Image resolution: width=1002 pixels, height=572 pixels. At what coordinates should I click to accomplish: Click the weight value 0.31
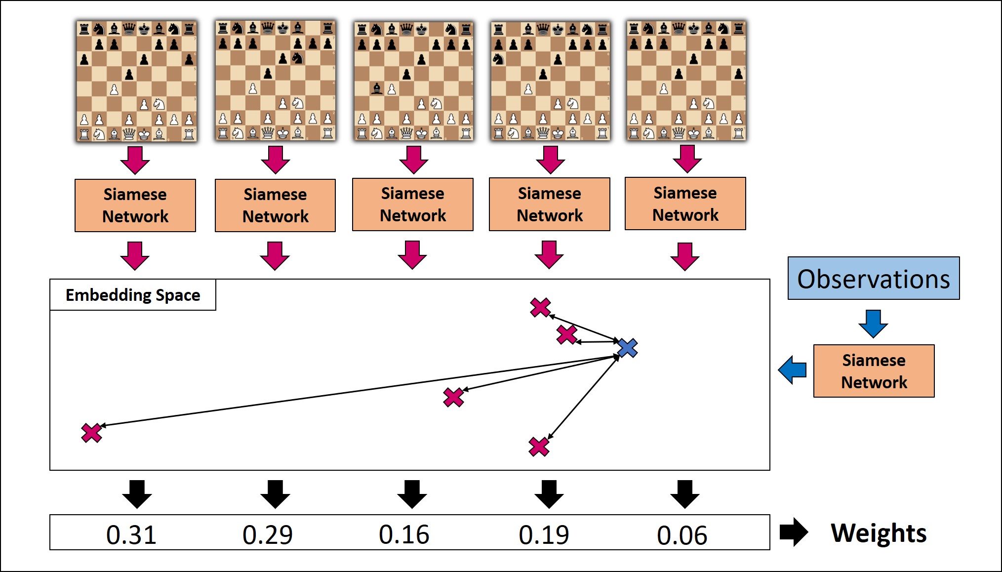(131, 534)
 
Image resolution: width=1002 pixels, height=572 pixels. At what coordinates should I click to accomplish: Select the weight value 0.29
(268, 534)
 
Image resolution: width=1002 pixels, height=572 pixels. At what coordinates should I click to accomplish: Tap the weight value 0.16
(404, 534)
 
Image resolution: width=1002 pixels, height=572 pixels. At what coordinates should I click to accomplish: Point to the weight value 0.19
(544, 534)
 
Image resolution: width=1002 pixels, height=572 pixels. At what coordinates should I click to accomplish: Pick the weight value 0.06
(682, 535)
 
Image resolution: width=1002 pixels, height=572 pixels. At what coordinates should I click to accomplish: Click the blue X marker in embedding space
(627, 348)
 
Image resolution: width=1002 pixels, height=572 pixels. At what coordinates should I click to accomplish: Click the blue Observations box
(873, 278)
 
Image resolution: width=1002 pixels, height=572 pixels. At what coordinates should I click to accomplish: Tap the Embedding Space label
(133, 295)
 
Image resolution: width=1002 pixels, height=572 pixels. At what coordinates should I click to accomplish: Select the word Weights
(879, 533)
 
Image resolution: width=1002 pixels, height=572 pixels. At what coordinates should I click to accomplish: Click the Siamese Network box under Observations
(874, 371)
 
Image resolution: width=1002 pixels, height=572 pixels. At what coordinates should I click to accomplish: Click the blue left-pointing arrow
(793, 369)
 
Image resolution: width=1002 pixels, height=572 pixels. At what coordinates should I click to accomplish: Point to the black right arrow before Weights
(794, 532)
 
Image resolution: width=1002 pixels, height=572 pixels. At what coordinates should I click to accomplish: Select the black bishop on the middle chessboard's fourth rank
(377, 89)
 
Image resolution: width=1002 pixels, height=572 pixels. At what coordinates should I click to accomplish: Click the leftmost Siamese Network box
(135, 205)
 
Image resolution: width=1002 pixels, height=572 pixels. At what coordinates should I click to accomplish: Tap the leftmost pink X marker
(92, 433)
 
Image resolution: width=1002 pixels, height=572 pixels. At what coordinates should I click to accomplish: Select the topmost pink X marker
(540, 307)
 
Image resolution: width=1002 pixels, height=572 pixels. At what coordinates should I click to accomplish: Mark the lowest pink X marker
(539, 447)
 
